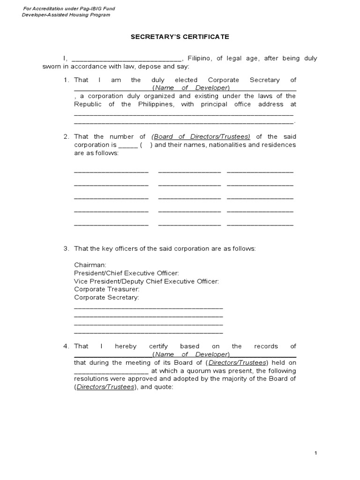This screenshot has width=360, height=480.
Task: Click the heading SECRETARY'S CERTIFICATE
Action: pyautogui.click(x=180, y=37)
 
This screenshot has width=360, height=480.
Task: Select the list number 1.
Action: pyautogui.click(x=66, y=80)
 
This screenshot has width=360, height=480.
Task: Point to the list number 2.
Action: pyautogui.click(x=66, y=136)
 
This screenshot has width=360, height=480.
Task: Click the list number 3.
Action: pyautogui.click(x=66, y=248)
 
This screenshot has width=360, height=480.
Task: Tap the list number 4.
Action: pyautogui.click(x=66, y=346)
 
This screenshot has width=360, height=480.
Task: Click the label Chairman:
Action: pyautogui.click(x=90, y=265)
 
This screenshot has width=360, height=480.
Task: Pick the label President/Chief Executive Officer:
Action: pyautogui.click(x=126, y=273)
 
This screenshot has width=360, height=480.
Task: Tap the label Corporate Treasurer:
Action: pyautogui.click(x=106, y=289)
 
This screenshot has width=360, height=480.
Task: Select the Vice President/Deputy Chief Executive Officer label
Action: pyautogui.click(x=146, y=281)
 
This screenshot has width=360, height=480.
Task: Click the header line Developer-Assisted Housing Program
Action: pyautogui.click(x=66, y=15)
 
